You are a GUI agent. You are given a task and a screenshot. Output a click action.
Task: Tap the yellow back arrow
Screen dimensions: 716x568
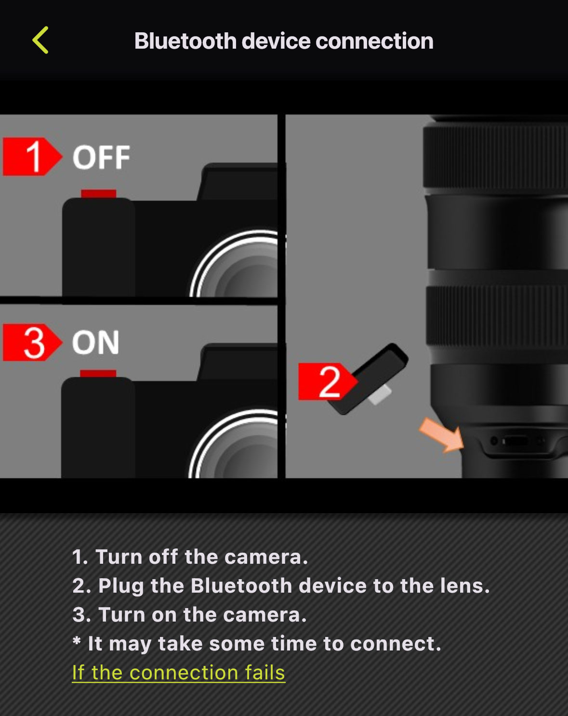(40, 40)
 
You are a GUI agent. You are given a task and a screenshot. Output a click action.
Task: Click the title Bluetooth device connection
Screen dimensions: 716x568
(284, 41)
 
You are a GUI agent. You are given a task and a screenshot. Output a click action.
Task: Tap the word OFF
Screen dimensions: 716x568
(101, 158)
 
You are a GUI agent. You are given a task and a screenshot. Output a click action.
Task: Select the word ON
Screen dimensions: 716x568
(95, 343)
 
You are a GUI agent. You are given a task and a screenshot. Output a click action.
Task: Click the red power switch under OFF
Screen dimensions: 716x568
(98, 194)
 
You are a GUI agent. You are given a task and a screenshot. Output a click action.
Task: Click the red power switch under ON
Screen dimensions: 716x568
(98, 373)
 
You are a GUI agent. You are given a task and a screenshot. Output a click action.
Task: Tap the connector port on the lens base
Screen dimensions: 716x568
(515, 441)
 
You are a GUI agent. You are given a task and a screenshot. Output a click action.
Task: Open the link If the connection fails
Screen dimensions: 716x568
(178, 673)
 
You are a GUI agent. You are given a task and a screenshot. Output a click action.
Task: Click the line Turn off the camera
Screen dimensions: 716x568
(190, 557)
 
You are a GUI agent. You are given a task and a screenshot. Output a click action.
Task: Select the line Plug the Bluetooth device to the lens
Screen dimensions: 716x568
(281, 586)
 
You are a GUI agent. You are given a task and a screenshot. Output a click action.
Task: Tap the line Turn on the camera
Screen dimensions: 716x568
(189, 615)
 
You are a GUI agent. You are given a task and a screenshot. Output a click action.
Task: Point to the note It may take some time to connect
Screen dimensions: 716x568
(257, 644)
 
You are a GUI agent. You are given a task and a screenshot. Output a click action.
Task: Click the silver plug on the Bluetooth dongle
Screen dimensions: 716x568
(380, 395)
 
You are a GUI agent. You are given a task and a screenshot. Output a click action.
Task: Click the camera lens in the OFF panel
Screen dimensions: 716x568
(241, 267)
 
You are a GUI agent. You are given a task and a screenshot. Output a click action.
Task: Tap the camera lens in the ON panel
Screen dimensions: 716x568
(241, 448)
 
